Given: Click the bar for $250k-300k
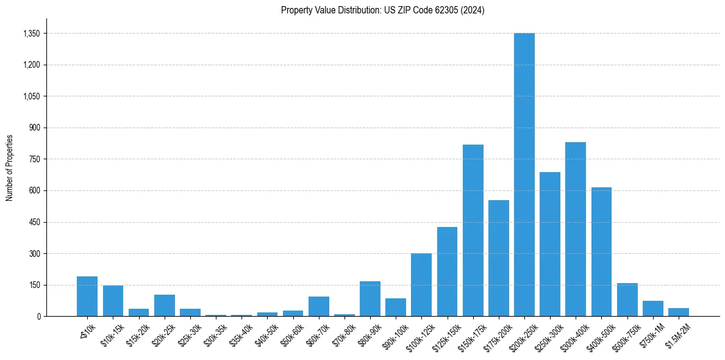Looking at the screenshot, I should click(549, 244).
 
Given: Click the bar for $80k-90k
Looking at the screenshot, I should click(370, 299).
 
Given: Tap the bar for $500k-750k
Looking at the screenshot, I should click(627, 300).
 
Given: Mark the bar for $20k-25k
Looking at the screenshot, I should click(164, 306).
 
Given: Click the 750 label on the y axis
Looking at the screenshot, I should click(34, 159).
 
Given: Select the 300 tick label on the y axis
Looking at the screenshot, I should click(34, 254).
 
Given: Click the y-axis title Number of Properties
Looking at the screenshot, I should click(9, 168).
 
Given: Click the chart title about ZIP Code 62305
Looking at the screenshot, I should click(382, 10).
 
